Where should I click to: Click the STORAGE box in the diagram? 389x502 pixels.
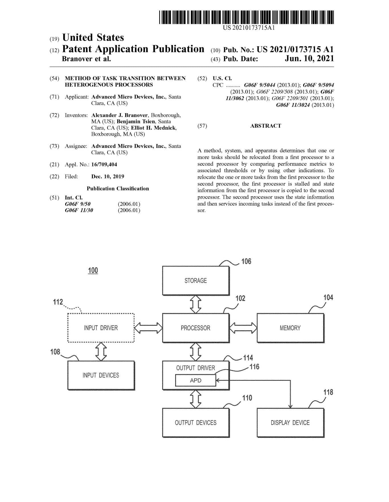[196, 281]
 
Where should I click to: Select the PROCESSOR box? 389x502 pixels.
[196, 328]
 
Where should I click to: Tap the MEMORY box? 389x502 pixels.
[290, 328]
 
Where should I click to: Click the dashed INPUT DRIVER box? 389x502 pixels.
[101, 328]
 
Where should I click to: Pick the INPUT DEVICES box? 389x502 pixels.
[101, 375]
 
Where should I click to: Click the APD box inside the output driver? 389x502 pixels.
[196, 380]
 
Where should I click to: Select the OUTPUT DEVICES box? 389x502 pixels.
[196, 422]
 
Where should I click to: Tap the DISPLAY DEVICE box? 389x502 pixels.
[290, 422]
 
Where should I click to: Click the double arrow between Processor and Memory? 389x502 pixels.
[243, 328]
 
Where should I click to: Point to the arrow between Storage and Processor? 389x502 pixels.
[196, 304]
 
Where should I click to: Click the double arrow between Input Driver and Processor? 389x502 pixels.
[148, 328]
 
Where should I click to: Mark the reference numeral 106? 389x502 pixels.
[246, 261]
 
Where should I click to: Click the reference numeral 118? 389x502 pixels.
[328, 392]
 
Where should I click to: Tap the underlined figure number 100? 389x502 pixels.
[93, 270]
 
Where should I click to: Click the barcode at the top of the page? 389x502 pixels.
[246, 17]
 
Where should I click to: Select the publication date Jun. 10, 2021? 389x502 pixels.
[309, 58]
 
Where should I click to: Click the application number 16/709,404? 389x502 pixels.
[104, 164]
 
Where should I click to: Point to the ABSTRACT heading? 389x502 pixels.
[266, 126]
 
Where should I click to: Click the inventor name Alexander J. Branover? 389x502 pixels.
[120, 115]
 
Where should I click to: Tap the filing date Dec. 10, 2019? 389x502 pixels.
[108, 176]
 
